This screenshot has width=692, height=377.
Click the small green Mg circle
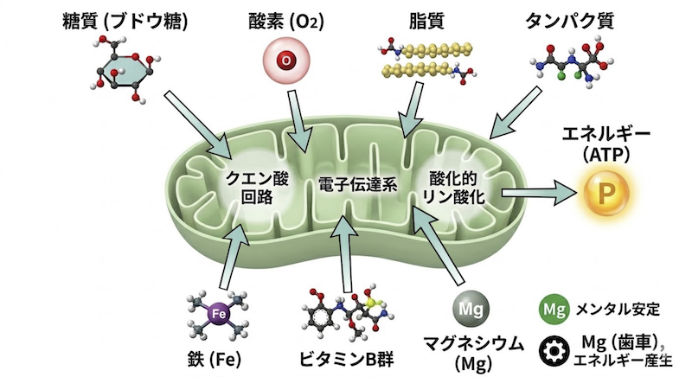point(552,306)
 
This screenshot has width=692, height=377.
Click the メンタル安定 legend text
point(617,307)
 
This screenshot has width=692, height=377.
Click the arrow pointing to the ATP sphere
point(540,192)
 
